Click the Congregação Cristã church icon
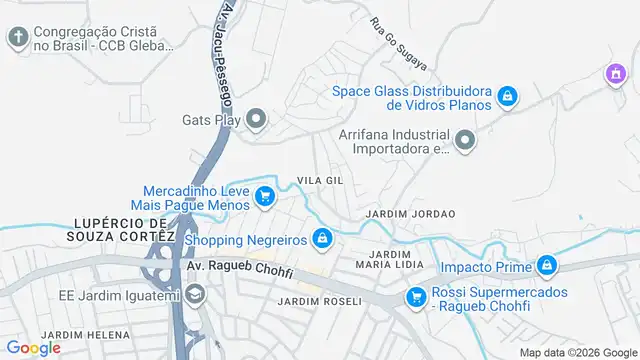(17, 38)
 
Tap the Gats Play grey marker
(256, 121)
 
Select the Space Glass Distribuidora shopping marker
(508, 96)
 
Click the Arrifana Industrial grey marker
(464, 142)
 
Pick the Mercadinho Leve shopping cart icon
(265, 196)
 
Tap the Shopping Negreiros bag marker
(322, 239)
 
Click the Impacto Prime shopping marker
(546, 266)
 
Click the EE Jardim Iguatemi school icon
(194, 294)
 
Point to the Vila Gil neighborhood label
(318, 180)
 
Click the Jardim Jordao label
(410, 214)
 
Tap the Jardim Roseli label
(319, 301)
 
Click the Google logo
(33, 347)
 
